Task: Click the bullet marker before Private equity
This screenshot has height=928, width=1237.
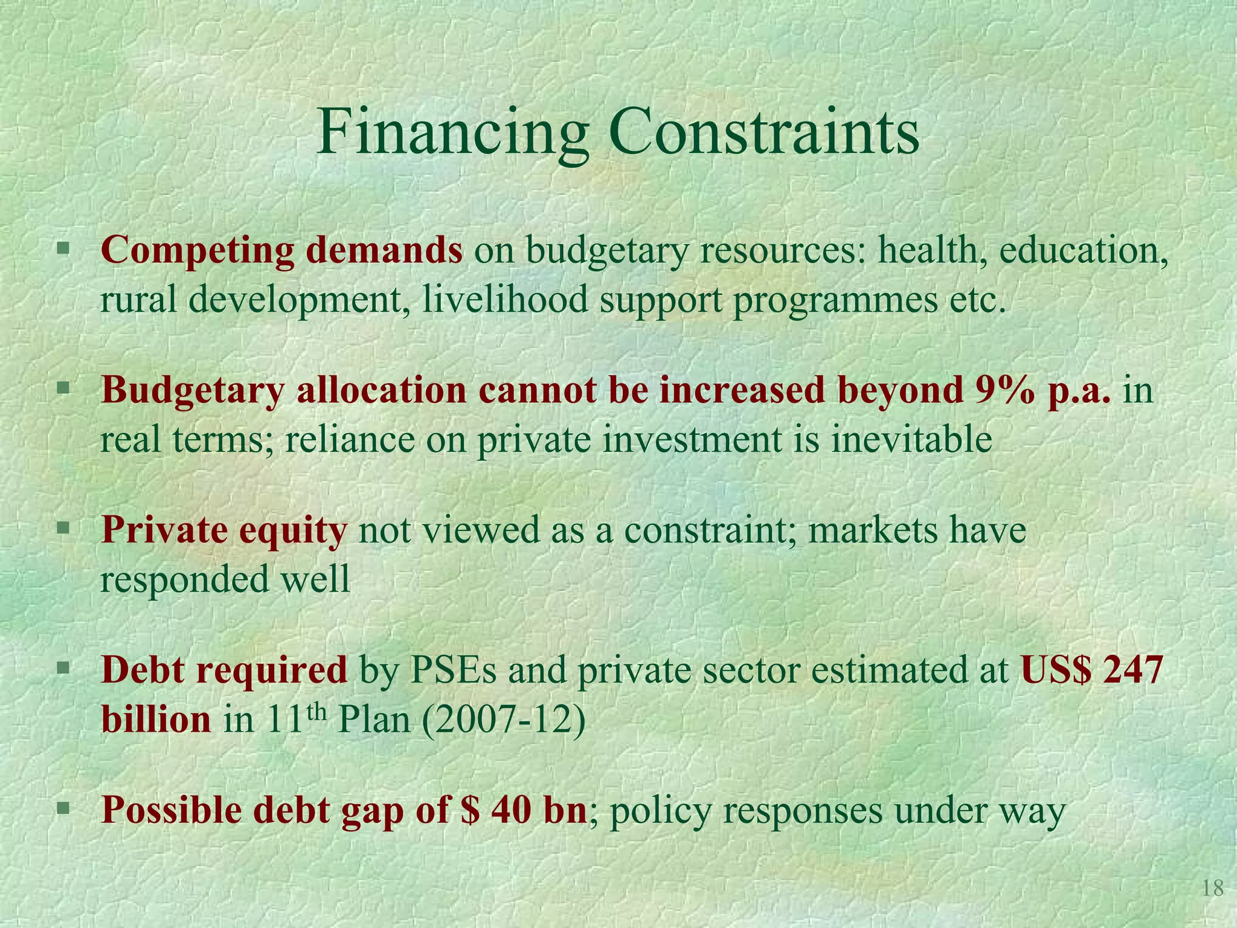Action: coord(63,529)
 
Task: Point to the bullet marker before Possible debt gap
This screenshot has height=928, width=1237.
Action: coord(63,808)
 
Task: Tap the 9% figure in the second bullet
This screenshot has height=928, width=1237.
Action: coord(1002,390)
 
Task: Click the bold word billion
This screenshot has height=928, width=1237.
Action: coord(156,720)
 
